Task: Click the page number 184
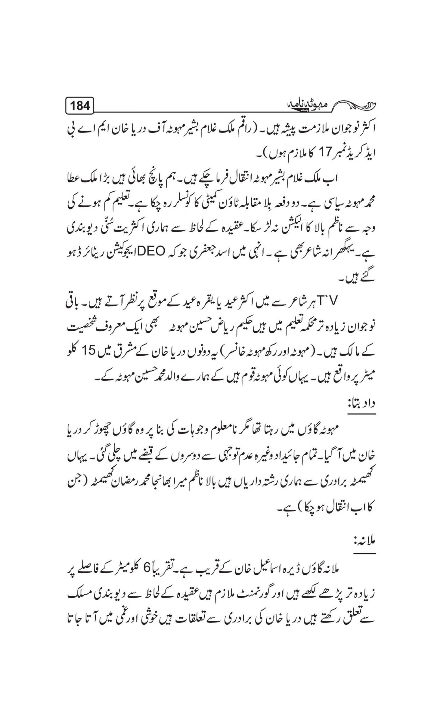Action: click(80, 105)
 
